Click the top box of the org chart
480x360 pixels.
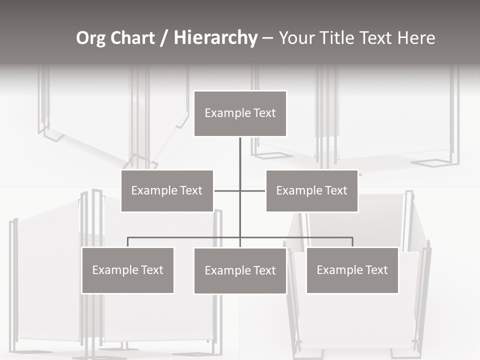(x=240, y=113)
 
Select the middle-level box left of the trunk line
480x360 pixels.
(x=167, y=191)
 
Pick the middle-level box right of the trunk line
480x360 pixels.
(x=311, y=191)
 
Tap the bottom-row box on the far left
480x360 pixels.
(x=128, y=270)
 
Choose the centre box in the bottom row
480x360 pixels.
(x=240, y=271)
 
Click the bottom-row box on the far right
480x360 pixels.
(x=352, y=270)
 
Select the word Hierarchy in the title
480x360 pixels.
(x=215, y=38)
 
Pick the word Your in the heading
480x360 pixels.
(x=296, y=38)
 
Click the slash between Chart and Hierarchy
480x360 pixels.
(x=164, y=38)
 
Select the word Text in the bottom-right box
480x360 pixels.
(x=376, y=270)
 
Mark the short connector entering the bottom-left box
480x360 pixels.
(x=128, y=242)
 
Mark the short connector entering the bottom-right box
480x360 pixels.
(x=352, y=242)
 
